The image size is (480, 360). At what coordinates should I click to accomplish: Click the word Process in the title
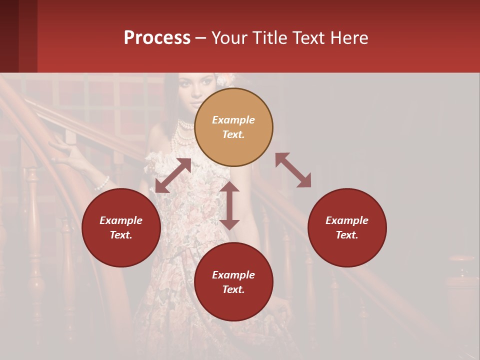tap(157, 38)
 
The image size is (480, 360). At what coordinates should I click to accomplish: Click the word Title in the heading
tap(269, 38)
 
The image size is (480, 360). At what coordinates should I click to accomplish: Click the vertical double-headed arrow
tap(229, 205)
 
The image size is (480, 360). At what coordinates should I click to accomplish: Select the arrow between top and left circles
tap(173, 175)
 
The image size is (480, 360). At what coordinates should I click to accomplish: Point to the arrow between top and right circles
tap(293, 170)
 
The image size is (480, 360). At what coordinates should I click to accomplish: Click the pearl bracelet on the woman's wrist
tap(102, 183)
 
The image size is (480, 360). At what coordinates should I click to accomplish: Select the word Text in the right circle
tap(347, 235)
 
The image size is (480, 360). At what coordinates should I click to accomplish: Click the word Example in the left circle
tap(121, 220)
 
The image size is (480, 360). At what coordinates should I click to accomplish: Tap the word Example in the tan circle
tap(233, 120)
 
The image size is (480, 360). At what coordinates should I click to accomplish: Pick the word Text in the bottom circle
tap(233, 289)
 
